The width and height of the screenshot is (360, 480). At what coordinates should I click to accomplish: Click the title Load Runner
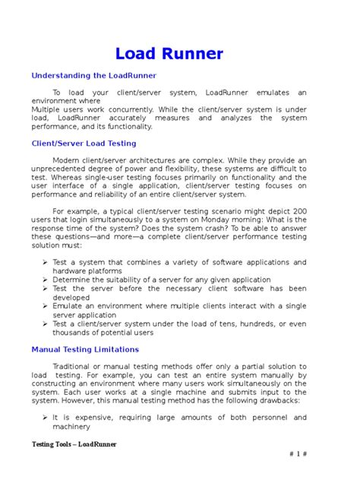[169, 54]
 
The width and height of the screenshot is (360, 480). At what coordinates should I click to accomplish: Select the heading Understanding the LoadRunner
[93, 76]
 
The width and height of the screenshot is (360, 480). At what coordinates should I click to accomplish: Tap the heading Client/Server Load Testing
[84, 143]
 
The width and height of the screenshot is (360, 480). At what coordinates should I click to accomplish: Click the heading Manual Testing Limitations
[85, 349]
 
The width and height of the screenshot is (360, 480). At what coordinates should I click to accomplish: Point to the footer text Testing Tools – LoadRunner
[74, 444]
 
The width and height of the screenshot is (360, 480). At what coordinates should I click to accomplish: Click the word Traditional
[77, 367]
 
